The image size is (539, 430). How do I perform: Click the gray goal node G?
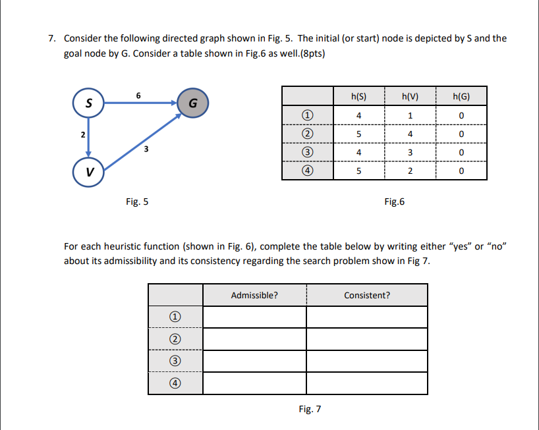tap(192, 104)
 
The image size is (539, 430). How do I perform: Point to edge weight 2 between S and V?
tap(82, 135)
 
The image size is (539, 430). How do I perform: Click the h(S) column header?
tap(358, 96)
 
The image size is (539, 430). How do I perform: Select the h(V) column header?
tap(411, 96)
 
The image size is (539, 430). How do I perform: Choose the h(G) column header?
tap(461, 96)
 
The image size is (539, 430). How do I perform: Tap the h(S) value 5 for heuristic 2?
tap(358, 134)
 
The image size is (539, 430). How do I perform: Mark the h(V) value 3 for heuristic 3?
tap(411, 153)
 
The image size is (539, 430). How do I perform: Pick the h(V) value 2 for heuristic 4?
tap(411, 172)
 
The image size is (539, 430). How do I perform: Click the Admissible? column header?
tap(254, 296)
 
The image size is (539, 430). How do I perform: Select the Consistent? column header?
tap(367, 296)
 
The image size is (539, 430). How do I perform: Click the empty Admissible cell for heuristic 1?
tap(254, 317)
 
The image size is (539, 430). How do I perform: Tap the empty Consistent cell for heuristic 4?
tap(367, 383)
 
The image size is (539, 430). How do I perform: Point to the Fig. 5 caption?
tap(137, 202)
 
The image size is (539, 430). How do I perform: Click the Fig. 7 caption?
tap(310, 409)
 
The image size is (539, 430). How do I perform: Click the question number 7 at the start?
tap(52, 38)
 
